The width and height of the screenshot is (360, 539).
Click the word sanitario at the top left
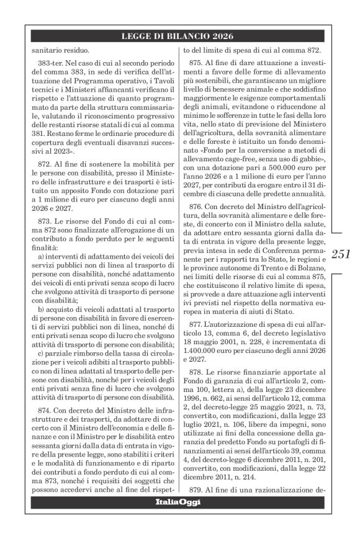pyautogui.click(x=47, y=50)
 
